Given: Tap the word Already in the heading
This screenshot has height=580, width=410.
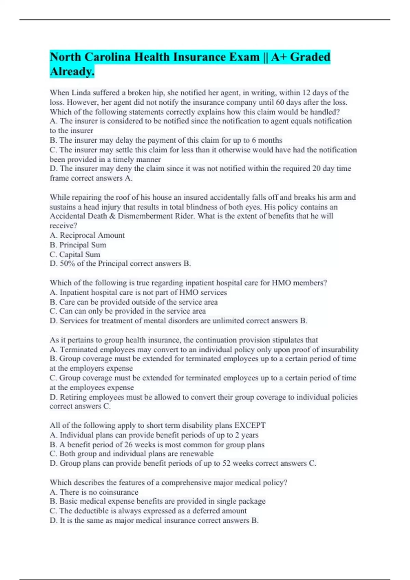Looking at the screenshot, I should pos(71,71).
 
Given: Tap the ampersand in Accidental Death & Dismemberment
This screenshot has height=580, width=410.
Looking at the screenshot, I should pos(112,216).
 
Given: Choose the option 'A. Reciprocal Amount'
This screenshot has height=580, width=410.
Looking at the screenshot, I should pos(87,235).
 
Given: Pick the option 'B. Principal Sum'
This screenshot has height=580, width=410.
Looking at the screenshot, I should pos(78,245).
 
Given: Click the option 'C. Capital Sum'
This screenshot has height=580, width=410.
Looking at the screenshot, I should pos(75,255).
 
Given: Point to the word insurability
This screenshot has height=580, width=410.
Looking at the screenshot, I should pos(340,350).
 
